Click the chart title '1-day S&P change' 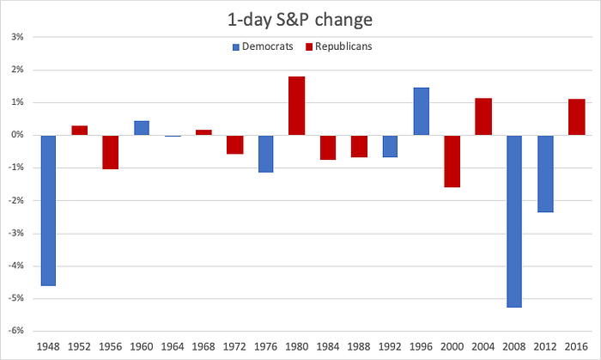click(300, 20)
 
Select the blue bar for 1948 click(48, 211)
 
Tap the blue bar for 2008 click(514, 221)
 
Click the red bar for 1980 click(297, 106)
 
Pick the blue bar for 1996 click(422, 111)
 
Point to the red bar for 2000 click(452, 162)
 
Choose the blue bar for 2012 click(545, 174)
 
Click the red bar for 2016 click(576, 117)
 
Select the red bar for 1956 click(111, 152)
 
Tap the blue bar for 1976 click(265, 154)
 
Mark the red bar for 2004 click(483, 117)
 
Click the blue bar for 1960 click(142, 128)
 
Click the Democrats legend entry click(263, 46)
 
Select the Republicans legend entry click(339, 46)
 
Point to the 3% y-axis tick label click(17, 37)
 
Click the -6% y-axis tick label click(15, 331)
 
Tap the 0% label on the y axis click(17, 135)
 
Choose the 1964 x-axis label click(173, 347)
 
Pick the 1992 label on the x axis click(390, 347)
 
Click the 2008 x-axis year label click(514, 347)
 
